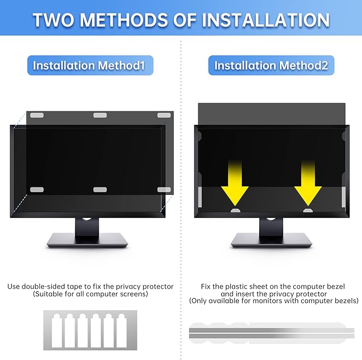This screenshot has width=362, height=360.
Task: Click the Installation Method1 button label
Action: click(x=90, y=66)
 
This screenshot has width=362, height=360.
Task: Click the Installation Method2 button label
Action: click(x=275, y=66)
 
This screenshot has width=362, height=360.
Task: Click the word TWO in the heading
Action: click(x=55, y=20)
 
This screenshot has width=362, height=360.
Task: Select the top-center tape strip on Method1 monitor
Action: click(x=100, y=115)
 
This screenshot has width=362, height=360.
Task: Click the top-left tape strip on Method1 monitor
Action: click(x=37, y=115)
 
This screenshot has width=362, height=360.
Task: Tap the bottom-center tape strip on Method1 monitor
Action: click(x=100, y=190)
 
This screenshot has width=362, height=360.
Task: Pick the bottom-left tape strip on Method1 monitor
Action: click(x=37, y=190)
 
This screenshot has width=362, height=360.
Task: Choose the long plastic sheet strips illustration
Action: click(x=272, y=332)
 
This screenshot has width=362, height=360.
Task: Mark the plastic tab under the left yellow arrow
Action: click(x=235, y=211)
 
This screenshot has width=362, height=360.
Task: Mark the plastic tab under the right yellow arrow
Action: click(x=308, y=211)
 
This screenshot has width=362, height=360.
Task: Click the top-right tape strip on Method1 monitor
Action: click(x=164, y=115)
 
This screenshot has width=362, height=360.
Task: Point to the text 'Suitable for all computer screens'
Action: click(x=90, y=294)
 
